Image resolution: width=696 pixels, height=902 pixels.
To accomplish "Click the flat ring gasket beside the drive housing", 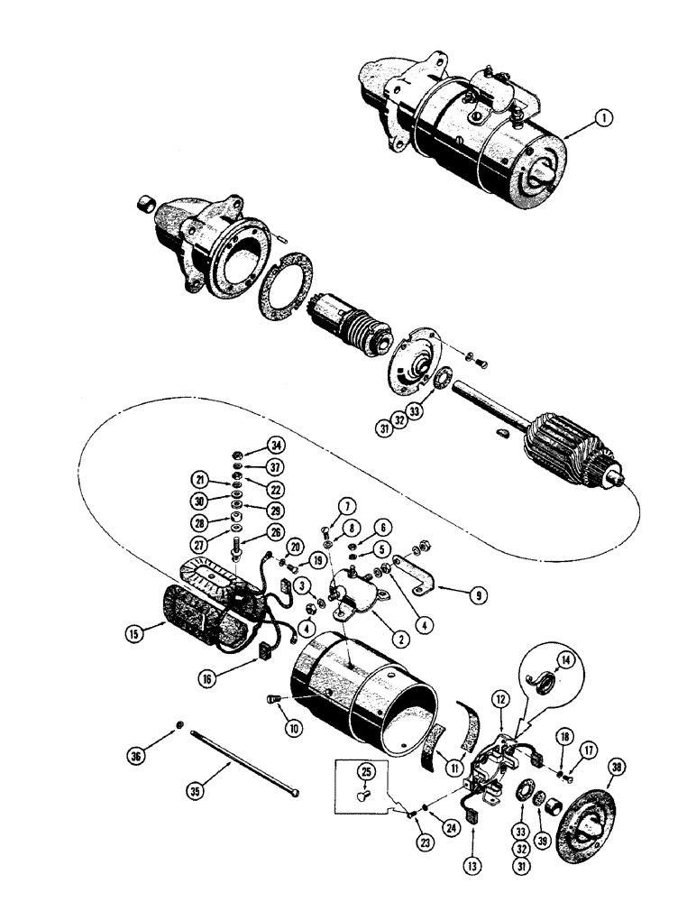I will [x=287, y=299].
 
